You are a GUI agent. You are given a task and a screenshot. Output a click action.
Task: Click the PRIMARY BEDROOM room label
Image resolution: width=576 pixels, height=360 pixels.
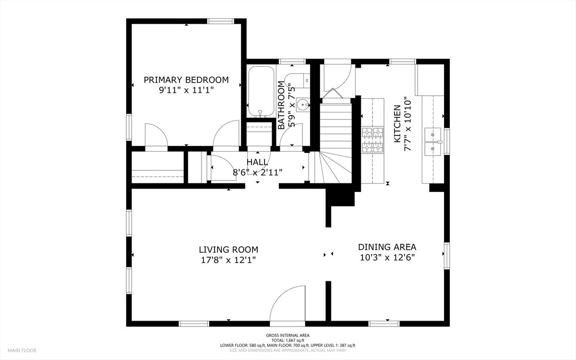pyautogui.click(x=186, y=80)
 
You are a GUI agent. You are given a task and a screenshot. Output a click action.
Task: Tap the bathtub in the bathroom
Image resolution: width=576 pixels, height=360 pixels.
pyautogui.click(x=261, y=92)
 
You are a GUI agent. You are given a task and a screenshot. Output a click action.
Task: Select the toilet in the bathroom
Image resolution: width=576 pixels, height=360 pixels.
pyautogui.click(x=297, y=80)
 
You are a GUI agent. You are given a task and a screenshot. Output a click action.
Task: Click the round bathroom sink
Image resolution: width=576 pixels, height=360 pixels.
pyautogui.click(x=303, y=105)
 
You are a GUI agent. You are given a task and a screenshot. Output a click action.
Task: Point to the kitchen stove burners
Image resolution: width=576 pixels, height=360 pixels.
pyautogui.click(x=372, y=140)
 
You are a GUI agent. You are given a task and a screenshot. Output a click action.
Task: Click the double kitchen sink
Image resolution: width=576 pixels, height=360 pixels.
pyautogui.click(x=432, y=142)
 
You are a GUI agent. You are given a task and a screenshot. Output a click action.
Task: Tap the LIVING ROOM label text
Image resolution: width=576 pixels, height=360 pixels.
pyautogui.click(x=228, y=250)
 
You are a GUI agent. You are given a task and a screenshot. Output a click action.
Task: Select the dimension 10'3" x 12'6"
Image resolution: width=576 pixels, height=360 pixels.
pyautogui.click(x=387, y=257)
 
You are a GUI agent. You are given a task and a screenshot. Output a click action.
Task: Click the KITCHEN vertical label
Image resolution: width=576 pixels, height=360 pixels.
pyautogui.click(x=397, y=124)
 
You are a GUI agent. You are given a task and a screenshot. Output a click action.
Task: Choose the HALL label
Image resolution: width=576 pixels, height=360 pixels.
pyautogui.click(x=257, y=162)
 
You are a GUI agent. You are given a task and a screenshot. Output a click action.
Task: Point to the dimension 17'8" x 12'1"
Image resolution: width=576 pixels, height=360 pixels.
pyautogui.click(x=228, y=260)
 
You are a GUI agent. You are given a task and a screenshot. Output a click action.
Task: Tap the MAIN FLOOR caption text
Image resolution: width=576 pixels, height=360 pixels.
pyautogui.click(x=22, y=350)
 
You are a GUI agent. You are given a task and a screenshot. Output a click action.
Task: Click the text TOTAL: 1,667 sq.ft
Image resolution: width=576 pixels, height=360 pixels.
pyautogui.click(x=288, y=340)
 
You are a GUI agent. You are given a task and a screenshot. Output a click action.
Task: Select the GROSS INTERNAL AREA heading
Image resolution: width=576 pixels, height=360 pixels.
pyautogui.click(x=288, y=336)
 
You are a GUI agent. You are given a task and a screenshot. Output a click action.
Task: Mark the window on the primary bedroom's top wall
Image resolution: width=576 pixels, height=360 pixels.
pyautogui.click(x=220, y=21)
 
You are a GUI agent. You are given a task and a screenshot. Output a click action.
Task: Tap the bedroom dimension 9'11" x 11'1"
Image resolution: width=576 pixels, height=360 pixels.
pyautogui.click(x=186, y=90)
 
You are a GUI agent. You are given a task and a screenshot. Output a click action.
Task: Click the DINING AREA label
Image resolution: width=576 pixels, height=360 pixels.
pyautogui.click(x=387, y=247)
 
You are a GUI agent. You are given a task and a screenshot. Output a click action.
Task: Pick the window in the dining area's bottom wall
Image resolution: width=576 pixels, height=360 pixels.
pyautogui.click(x=384, y=324)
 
